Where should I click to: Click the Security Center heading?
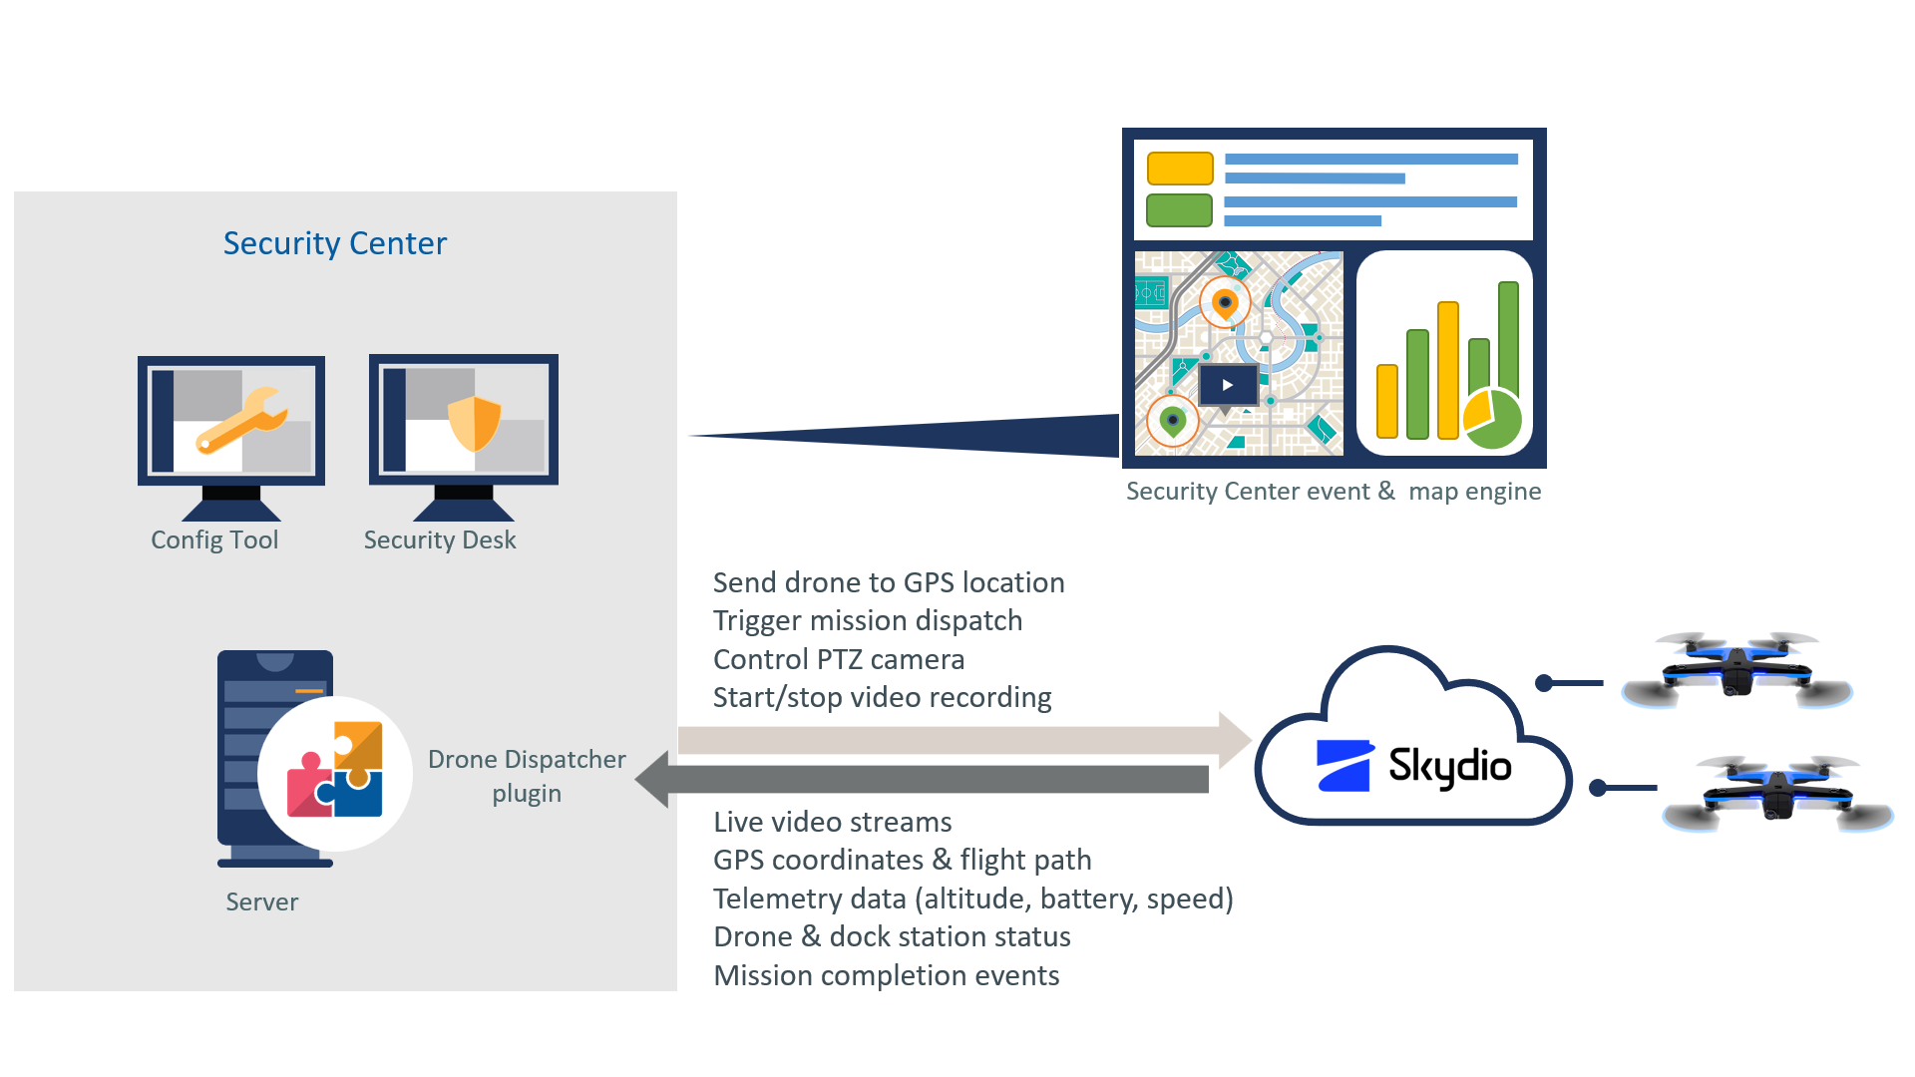click(335, 243)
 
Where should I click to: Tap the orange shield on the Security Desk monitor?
click(474, 423)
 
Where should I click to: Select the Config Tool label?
click(214, 539)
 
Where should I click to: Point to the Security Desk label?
click(440, 539)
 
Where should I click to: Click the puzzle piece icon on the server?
click(335, 771)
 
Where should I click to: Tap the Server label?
click(261, 901)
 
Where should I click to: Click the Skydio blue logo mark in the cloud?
click(1344, 766)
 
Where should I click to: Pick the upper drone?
click(1736, 668)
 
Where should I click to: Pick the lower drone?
click(1778, 794)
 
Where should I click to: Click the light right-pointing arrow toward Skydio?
click(957, 740)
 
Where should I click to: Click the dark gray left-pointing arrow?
click(928, 779)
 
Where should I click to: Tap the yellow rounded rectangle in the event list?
click(1180, 169)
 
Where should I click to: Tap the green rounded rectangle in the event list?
click(1179, 210)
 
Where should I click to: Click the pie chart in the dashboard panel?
click(1493, 419)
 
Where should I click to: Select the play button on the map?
click(1228, 385)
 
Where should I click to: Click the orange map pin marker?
click(1225, 302)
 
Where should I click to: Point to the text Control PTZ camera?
click(839, 659)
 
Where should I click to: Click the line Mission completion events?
click(886, 975)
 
